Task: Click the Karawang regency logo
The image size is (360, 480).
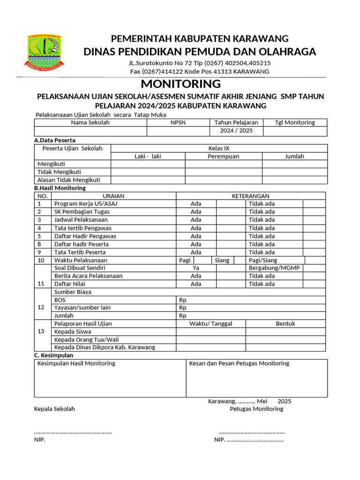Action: pyautogui.click(x=45, y=52)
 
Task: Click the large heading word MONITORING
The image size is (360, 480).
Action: pyautogui.click(x=180, y=84)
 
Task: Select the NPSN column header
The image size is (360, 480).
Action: pyautogui.click(x=178, y=122)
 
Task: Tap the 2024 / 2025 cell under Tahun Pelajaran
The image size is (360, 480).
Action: pyautogui.click(x=236, y=131)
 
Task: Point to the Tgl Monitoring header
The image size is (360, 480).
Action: pyautogui.click(x=295, y=122)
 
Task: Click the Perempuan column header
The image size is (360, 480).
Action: pyautogui.click(x=223, y=156)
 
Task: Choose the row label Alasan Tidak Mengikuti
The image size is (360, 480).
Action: pyautogui.click(x=68, y=180)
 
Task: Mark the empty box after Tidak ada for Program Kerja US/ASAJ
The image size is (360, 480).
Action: pyautogui.click(x=314, y=203)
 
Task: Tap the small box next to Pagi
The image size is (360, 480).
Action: pyautogui.click(x=202, y=260)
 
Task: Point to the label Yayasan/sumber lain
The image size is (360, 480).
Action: pyautogui.click(x=82, y=307)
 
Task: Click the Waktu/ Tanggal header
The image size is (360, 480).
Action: pyautogui.click(x=210, y=323)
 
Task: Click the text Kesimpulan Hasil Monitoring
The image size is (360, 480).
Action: pyautogui.click(x=76, y=363)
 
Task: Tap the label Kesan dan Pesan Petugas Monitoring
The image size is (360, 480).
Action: pyautogui.click(x=239, y=363)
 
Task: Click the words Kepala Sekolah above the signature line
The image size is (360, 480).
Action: pyautogui.click(x=54, y=409)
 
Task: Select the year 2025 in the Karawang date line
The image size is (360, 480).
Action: pyautogui.click(x=284, y=401)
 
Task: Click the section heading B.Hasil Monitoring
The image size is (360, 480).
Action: pyautogui.click(x=60, y=188)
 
